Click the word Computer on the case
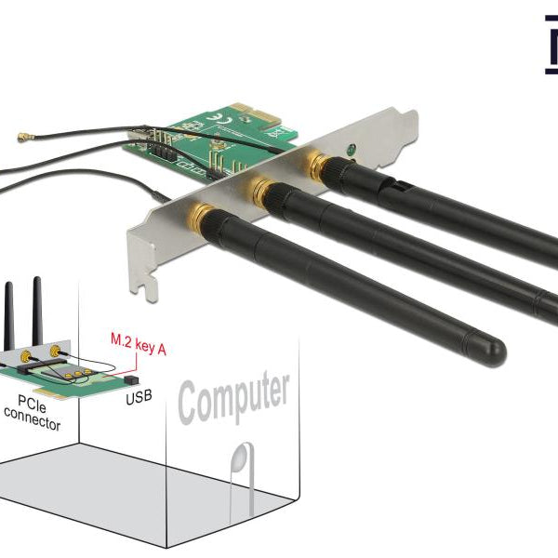coord(233,397)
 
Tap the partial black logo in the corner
coord(549,42)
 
